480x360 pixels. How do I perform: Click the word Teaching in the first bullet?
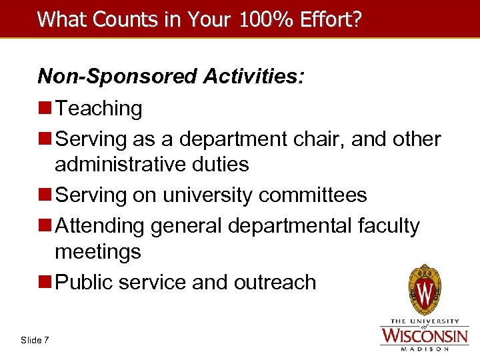coord(99,109)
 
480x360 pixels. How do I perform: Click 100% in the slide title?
coord(256,19)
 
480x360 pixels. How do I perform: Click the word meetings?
coord(98,252)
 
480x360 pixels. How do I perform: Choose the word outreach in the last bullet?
coord(275,282)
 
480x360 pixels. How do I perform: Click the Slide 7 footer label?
coord(35,340)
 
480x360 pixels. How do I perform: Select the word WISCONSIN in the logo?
coord(424,334)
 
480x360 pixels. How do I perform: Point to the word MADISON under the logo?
coord(424,348)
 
